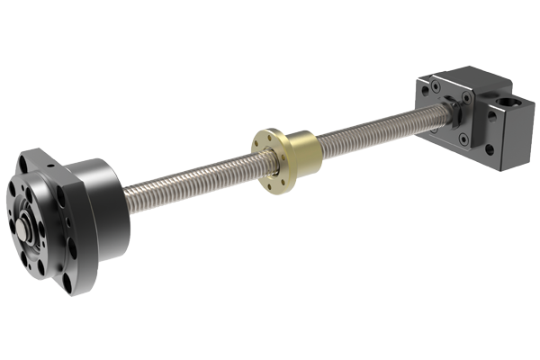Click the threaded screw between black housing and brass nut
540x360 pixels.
click(x=189, y=183)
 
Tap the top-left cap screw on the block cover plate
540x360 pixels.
click(x=436, y=85)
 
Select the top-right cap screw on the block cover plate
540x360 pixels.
click(x=466, y=98)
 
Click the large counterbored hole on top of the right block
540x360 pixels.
click(x=507, y=103)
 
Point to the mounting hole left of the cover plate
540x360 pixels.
click(x=425, y=92)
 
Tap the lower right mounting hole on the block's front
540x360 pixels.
click(x=490, y=148)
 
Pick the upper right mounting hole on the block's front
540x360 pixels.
click(x=492, y=117)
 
